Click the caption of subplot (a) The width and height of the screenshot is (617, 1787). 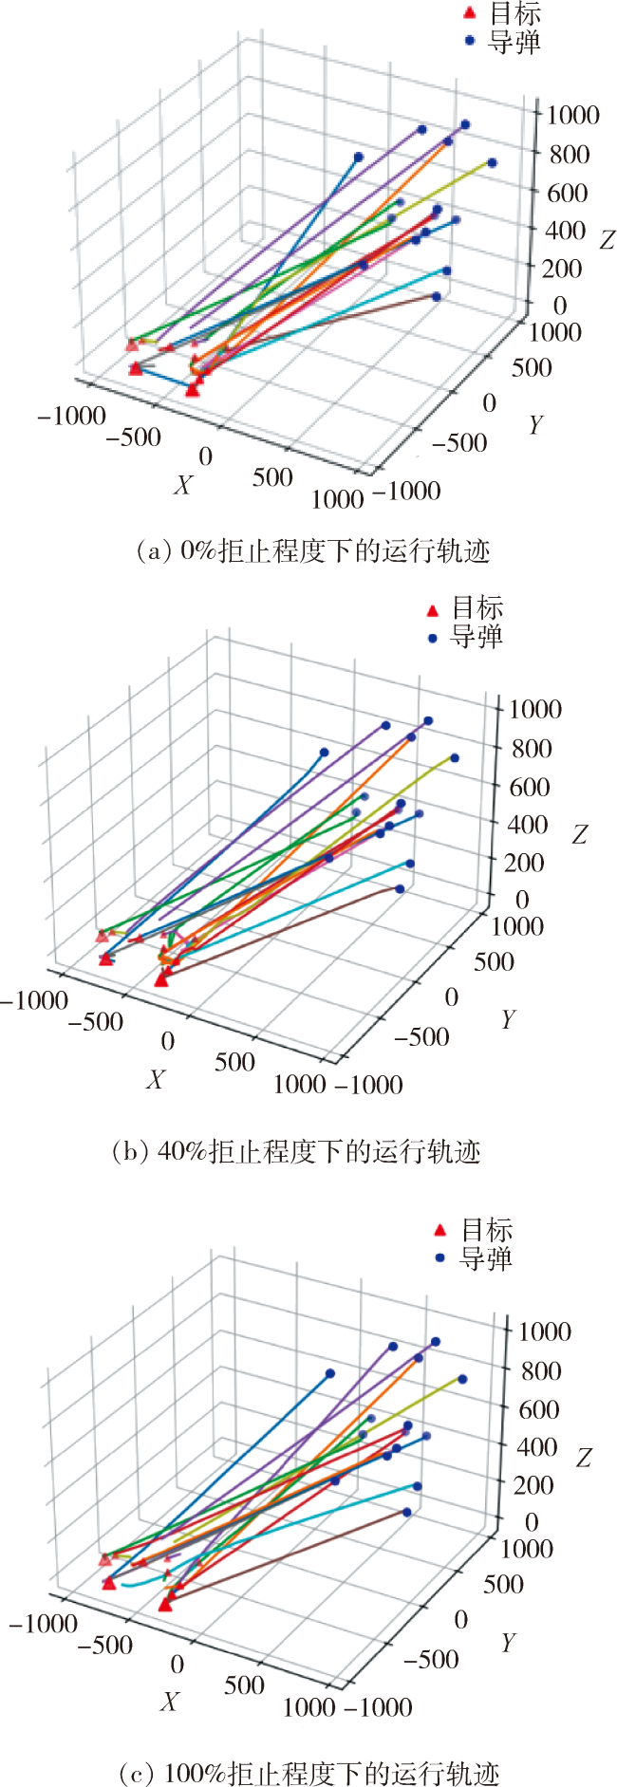click(x=313, y=550)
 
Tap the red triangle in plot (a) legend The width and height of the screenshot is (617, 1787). click(x=468, y=13)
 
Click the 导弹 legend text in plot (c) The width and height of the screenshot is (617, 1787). click(x=486, y=1259)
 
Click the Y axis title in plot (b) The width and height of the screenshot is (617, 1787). click(x=509, y=1019)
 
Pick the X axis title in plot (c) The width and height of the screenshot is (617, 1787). click(x=169, y=1702)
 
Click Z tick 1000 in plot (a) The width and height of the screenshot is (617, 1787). click(x=572, y=115)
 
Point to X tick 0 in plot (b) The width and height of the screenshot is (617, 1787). click(x=167, y=1041)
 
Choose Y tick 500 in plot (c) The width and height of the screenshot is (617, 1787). click(x=503, y=1583)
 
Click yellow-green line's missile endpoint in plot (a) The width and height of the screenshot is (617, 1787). click(x=492, y=163)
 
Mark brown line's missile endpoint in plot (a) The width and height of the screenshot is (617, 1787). click(x=437, y=296)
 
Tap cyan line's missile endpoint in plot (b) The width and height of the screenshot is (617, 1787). click(x=410, y=864)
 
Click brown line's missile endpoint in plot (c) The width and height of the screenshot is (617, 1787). click(x=406, y=1512)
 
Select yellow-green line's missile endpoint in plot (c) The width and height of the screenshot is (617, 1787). click(x=462, y=1379)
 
